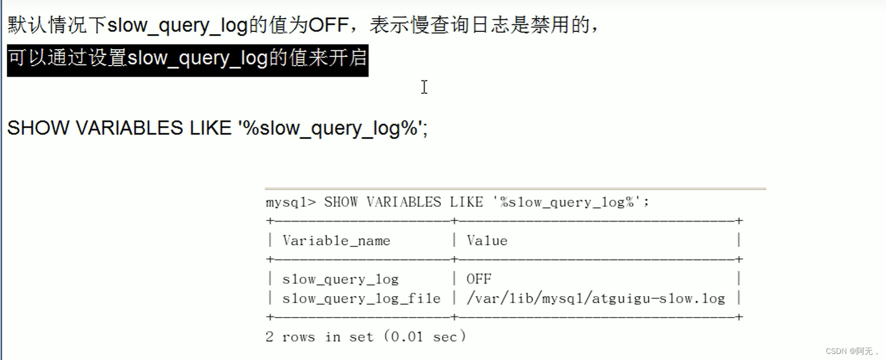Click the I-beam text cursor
click(x=424, y=87)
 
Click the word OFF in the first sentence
click(x=328, y=25)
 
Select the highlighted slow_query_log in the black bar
click(x=197, y=58)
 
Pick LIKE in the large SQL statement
click(x=210, y=128)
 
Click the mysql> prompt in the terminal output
click(x=291, y=202)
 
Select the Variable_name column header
click(x=336, y=240)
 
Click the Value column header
click(x=487, y=240)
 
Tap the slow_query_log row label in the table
click(x=340, y=280)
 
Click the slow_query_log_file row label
click(x=361, y=299)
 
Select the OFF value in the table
click(x=479, y=279)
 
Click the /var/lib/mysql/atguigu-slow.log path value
click(x=595, y=299)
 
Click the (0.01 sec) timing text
click(x=425, y=337)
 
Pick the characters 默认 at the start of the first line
click(x=28, y=25)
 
